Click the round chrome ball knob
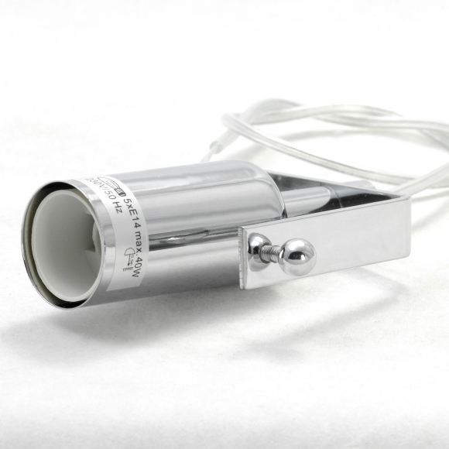pyautogui.click(x=296, y=256)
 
